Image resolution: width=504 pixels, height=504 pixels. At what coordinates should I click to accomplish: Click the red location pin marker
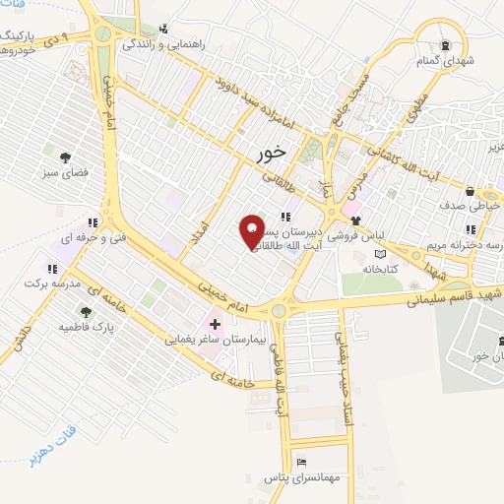coord(253,230)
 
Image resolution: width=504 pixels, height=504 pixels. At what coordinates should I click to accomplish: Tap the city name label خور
coord(270,153)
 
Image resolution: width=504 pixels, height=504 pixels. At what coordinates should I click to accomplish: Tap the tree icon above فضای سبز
coord(65,157)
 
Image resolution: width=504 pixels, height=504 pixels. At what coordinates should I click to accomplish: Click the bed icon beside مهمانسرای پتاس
coord(301,462)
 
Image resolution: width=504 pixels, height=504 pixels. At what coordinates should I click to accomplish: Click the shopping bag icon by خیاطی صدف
coord(472,191)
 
